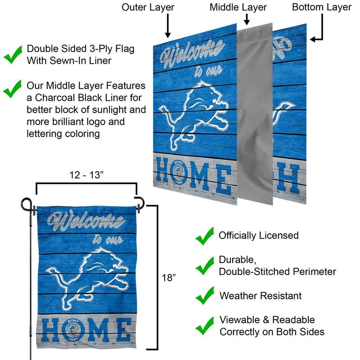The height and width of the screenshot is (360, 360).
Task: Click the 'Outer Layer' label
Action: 148,8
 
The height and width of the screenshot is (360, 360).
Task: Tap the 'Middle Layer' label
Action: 238,8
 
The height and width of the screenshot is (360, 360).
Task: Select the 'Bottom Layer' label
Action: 322,8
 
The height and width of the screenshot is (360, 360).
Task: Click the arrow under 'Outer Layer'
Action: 168,26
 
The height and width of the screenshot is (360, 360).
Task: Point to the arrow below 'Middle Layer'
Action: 247,19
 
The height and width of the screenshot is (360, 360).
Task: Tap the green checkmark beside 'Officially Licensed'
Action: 205,236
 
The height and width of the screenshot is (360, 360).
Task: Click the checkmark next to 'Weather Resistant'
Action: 205,296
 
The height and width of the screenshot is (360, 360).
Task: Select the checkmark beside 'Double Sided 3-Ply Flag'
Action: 13,54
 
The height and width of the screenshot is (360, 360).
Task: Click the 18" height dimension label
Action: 169,278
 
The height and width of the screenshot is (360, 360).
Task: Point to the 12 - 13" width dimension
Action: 86,175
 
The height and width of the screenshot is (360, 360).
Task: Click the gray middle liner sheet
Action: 255,114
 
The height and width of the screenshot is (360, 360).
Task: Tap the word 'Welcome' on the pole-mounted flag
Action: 86,221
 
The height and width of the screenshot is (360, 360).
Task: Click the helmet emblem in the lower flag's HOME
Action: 73,330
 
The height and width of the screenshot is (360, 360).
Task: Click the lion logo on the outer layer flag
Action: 193,115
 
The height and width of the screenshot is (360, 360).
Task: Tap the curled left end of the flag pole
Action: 26,204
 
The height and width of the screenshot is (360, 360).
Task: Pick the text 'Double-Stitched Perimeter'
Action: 277,272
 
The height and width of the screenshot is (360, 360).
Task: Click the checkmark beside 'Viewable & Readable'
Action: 205,326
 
